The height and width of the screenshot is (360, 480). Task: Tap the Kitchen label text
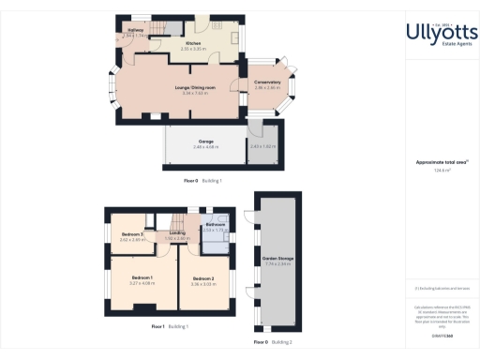(x=194, y=43)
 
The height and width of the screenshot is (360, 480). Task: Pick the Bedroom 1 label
(x=142, y=277)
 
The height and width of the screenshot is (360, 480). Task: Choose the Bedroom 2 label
(x=204, y=278)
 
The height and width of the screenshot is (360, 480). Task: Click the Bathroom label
(x=217, y=224)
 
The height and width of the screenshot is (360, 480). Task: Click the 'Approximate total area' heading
(x=440, y=162)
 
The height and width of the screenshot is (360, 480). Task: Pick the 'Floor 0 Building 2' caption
(x=274, y=342)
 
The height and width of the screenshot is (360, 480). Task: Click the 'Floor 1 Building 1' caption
(x=171, y=326)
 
